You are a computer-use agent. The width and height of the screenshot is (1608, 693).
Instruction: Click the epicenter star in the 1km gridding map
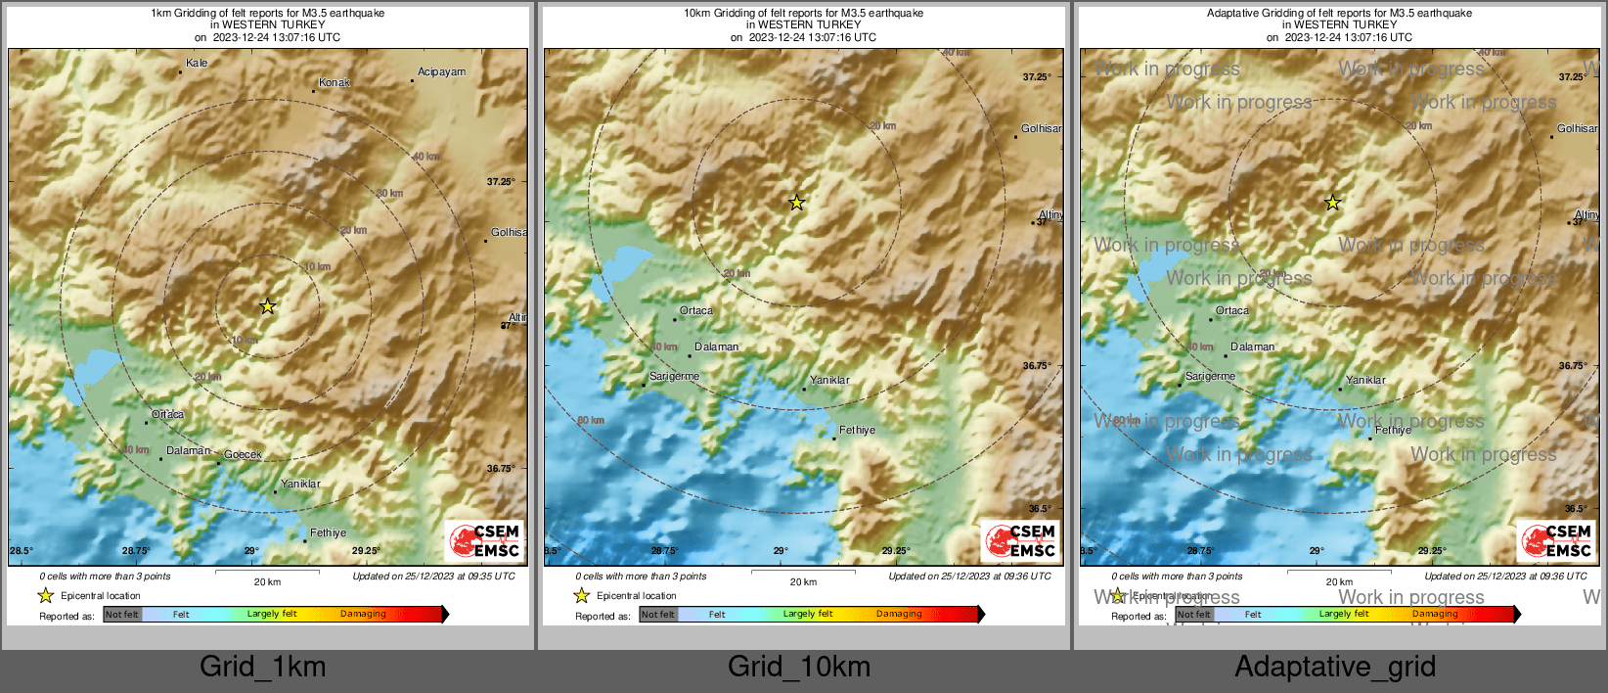[x=267, y=306]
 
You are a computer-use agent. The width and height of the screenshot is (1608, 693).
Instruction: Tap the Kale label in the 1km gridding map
[x=197, y=63]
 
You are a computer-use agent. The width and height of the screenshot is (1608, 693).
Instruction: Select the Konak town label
[x=335, y=82]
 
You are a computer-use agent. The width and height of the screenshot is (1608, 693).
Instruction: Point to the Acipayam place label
[x=441, y=71]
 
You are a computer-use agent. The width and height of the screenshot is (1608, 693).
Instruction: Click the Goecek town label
[x=243, y=454]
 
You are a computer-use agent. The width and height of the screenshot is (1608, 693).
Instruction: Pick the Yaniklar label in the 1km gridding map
[x=300, y=484]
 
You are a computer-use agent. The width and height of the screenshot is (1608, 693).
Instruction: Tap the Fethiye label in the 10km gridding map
[x=857, y=430]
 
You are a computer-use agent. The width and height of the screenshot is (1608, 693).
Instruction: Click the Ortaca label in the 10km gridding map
[x=696, y=310]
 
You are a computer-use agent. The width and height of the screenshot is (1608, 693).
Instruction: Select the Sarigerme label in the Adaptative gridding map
[x=1210, y=376]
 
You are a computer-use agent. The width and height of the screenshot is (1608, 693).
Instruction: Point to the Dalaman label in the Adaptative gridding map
[x=1252, y=346]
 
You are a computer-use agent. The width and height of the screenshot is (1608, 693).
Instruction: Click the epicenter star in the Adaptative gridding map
[x=1332, y=203]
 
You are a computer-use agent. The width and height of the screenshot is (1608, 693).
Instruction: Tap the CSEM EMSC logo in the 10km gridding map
[x=1020, y=540]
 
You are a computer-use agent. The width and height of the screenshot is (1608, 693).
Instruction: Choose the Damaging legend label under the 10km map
[x=899, y=614]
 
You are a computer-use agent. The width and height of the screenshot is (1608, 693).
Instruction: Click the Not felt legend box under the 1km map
[x=122, y=615]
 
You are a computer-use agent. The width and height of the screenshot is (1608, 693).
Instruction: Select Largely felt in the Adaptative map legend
[x=1344, y=614]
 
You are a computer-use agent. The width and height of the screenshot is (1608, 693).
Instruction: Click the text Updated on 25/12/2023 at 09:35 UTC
[x=433, y=577]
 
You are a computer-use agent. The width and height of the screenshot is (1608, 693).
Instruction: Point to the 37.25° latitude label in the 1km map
[x=501, y=181]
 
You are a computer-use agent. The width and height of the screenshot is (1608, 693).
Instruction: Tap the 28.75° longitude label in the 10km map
[x=664, y=551]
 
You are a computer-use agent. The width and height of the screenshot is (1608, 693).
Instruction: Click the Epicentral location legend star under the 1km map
[x=45, y=595]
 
